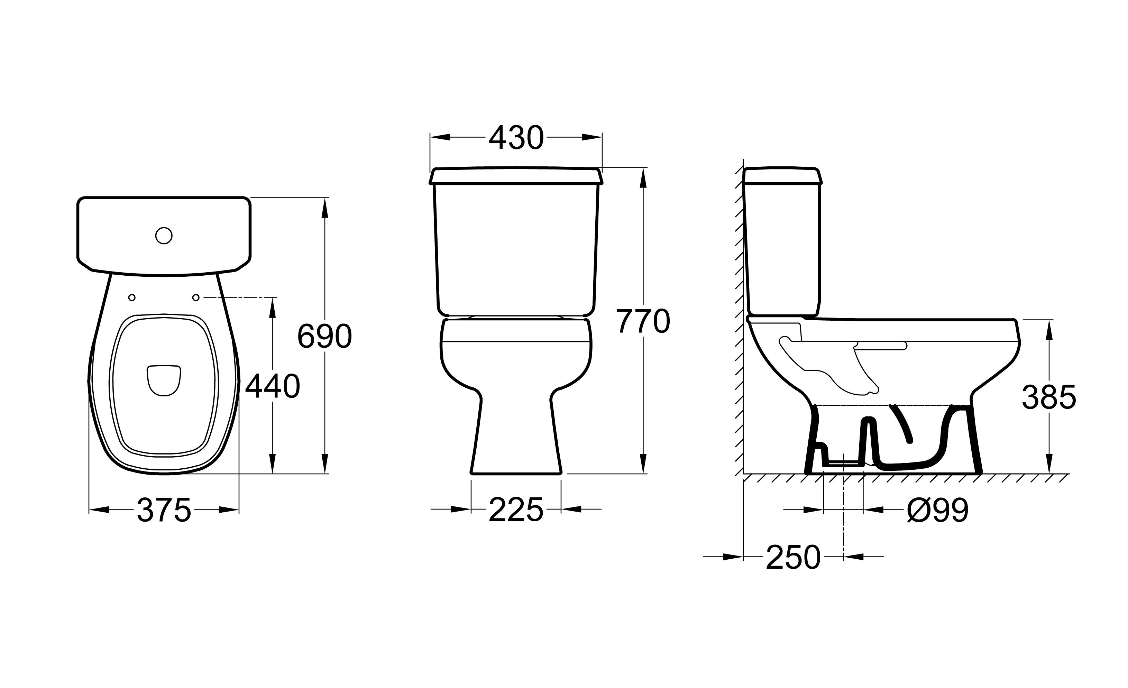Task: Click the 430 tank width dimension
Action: click(516, 138)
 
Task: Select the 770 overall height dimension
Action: click(643, 321)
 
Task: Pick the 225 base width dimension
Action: click(516, 510)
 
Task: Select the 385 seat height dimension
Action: click(1049, 397)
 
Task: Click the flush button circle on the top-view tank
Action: click(164, 236)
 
